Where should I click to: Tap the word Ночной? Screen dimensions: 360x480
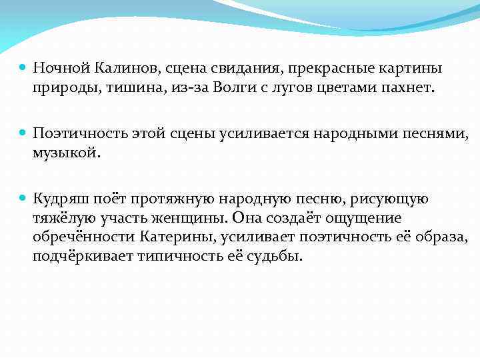pyautogui.click(x=61, y=69)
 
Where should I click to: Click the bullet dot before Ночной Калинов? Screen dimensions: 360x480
pyautogui.click(x=23, y=68)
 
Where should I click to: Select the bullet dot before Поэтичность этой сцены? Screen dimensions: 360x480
pyautogui.click(x=23, y=133)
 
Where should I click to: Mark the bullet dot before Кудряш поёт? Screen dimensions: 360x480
pyautogui.click(x=23, y=199)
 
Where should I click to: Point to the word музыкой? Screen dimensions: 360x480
pyautogui.click(x=65, y=153)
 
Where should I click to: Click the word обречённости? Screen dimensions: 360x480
pyautogui.click(x=85, y=237)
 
